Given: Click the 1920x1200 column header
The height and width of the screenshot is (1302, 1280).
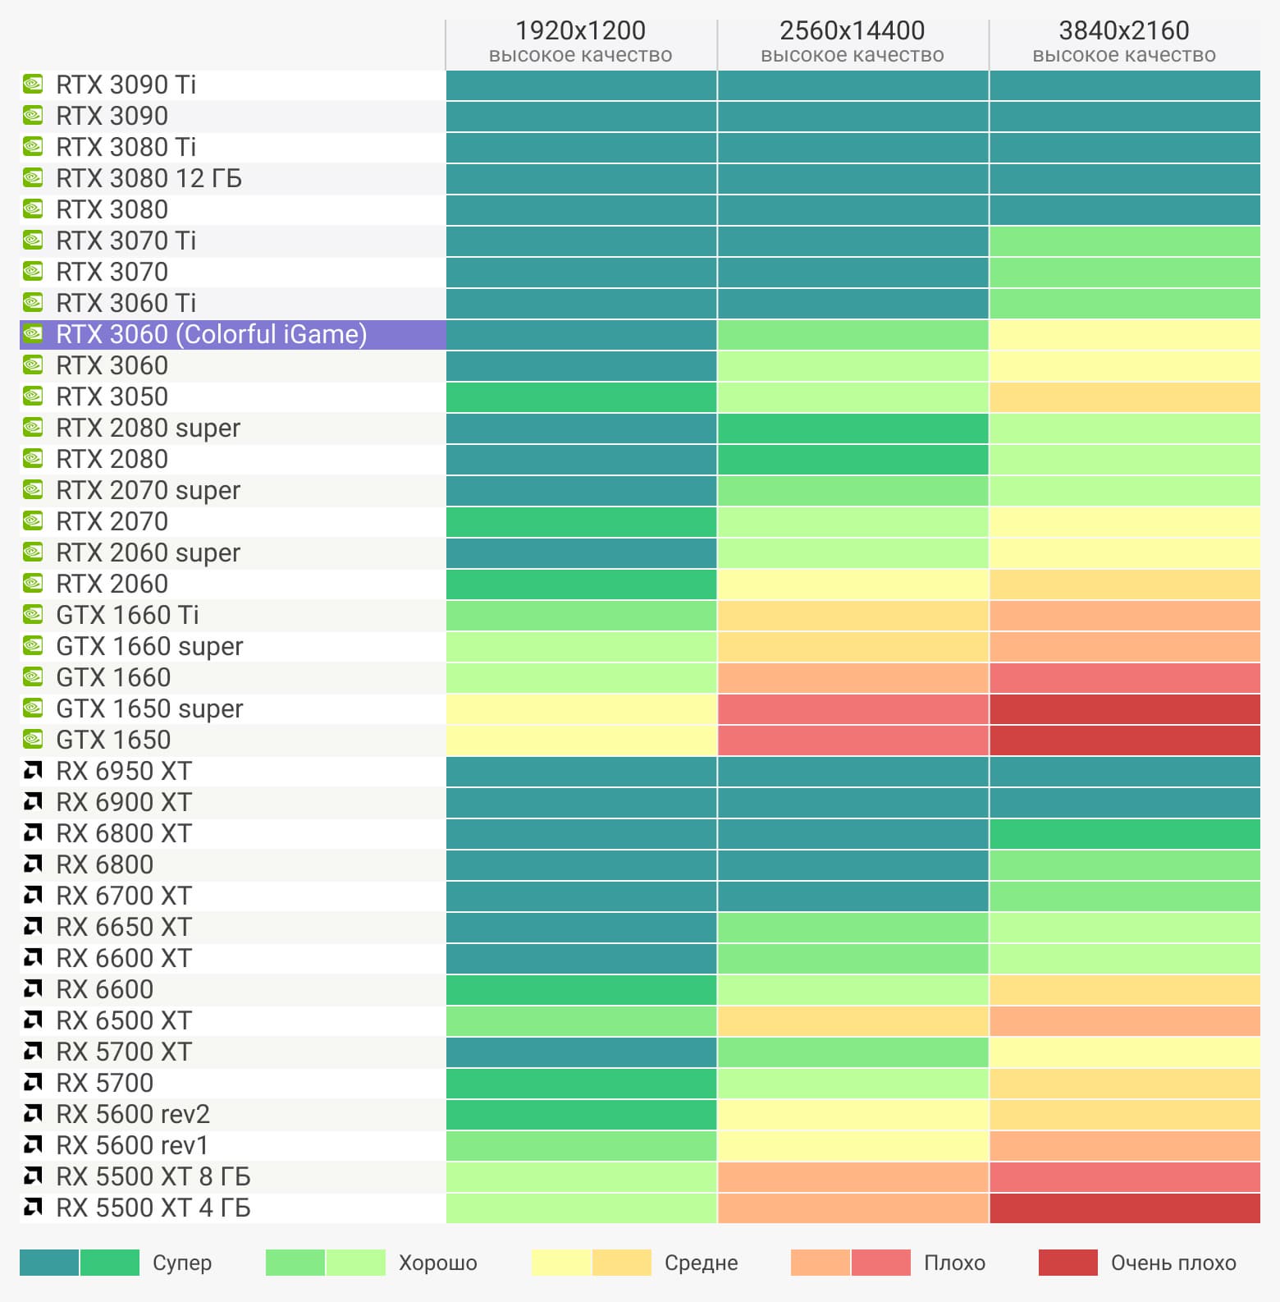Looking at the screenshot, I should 580,31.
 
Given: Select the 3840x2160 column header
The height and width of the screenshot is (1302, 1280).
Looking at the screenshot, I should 1123,31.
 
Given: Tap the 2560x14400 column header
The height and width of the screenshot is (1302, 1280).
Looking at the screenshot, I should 852,31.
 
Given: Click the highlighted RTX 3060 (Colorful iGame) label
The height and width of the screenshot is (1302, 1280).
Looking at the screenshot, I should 211,335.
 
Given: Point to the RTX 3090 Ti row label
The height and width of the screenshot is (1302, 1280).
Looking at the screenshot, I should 126,85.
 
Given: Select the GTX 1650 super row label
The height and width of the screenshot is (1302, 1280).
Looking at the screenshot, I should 149,709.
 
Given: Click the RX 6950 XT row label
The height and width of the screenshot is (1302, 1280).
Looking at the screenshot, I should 123,772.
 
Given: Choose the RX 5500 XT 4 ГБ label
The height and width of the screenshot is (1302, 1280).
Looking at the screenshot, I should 153,1208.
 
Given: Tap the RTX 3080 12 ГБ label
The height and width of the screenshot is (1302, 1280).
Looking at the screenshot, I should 149,179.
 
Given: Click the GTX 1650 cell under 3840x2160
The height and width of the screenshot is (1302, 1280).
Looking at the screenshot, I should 1124,740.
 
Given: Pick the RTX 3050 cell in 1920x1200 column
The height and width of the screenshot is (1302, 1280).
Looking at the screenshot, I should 581,397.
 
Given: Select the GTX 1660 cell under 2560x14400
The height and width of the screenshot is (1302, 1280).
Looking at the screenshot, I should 853,678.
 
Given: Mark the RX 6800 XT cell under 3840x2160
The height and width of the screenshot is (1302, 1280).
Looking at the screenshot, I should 1124,834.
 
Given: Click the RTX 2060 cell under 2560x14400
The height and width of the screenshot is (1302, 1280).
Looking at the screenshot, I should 853,585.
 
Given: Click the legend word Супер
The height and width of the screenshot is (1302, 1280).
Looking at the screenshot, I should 182,1263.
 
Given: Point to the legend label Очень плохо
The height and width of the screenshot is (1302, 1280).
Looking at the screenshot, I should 1173,1263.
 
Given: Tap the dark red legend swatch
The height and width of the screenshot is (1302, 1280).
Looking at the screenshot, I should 1067,1263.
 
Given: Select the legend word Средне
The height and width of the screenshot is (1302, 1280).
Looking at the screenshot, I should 701,1263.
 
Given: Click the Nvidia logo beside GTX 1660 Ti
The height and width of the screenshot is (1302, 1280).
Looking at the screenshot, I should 33,615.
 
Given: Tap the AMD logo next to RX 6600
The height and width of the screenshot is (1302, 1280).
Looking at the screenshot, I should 33,989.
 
